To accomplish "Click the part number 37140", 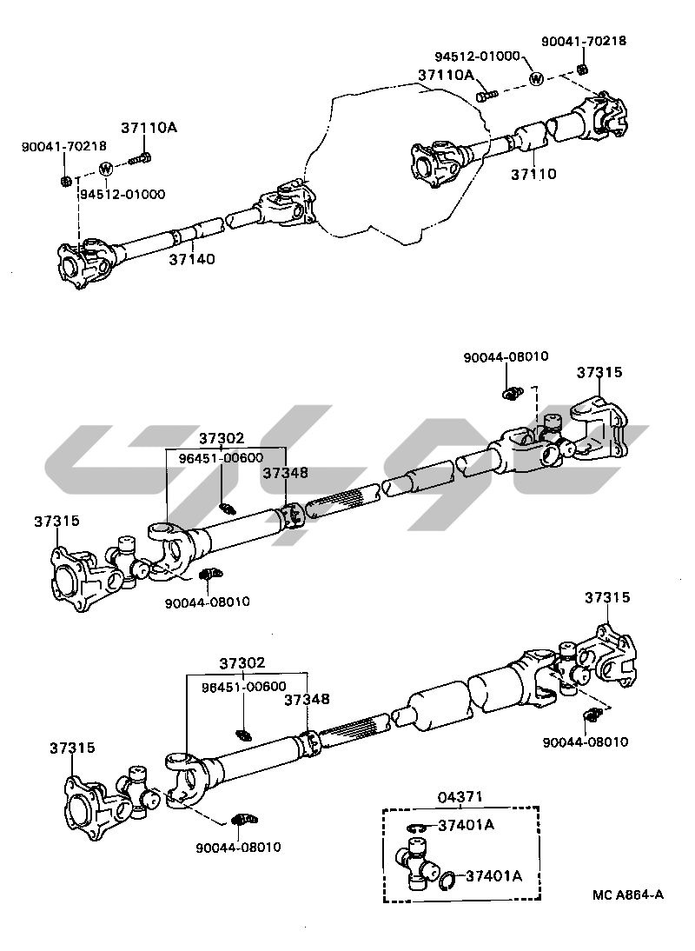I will (x=191, y=258).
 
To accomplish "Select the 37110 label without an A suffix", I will (x=533, y=174).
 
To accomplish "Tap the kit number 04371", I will (x=460, y=796).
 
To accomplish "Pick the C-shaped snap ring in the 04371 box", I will (x=418, y=828).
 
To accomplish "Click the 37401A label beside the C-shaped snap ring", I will (x=466, y=825).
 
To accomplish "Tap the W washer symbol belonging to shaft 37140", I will (x=106, y=169).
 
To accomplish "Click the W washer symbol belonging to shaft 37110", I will (x=536, y=79).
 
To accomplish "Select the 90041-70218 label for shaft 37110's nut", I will (x=583, y=40).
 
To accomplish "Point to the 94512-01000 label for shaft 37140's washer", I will (x=122, y=194).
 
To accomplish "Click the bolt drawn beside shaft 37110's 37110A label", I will (x=488, y=92).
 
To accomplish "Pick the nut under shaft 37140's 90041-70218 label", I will (x=67, y=182).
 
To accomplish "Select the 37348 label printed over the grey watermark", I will (x=285, y=473).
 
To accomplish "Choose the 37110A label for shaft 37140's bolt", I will (x=149, y=127).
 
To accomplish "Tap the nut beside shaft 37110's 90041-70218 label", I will (x=583, y=68).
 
